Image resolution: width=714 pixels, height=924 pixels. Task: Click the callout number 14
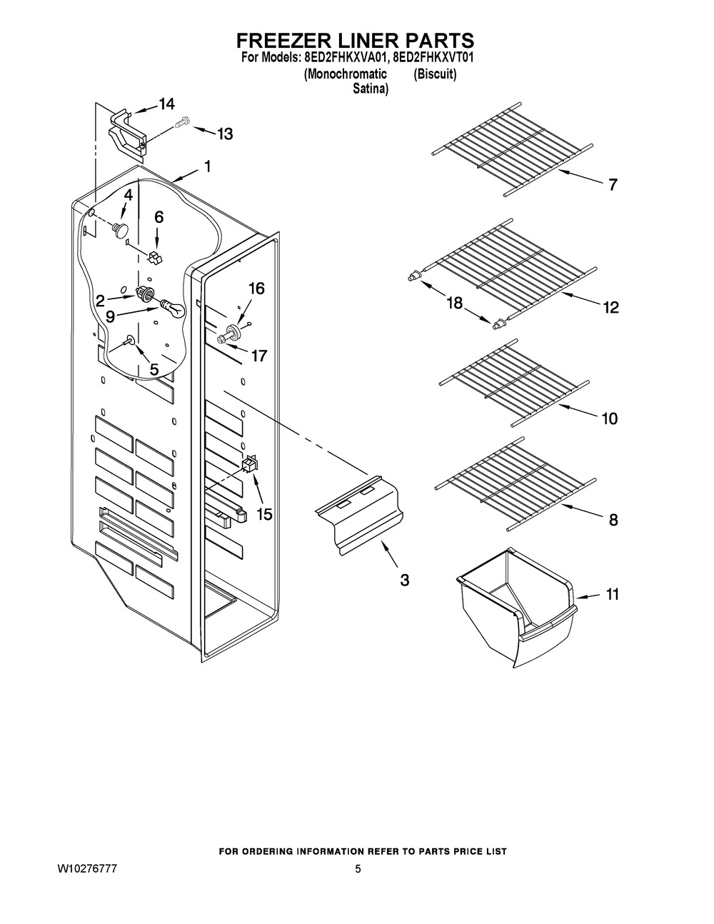point(166,104)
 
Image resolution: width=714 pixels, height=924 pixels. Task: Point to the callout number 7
point(613,185)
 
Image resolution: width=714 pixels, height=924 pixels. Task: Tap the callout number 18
point(455,303)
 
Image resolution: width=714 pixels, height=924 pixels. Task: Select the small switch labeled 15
point(249,466)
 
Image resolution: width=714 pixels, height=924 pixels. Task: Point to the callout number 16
point(256,288)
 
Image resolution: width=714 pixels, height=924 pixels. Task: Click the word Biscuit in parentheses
point(434,74)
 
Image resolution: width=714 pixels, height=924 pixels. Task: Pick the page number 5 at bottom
point(358,870)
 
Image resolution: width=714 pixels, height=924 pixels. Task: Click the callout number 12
point(610,308)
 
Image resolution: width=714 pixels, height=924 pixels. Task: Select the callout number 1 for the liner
point(207,166)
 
